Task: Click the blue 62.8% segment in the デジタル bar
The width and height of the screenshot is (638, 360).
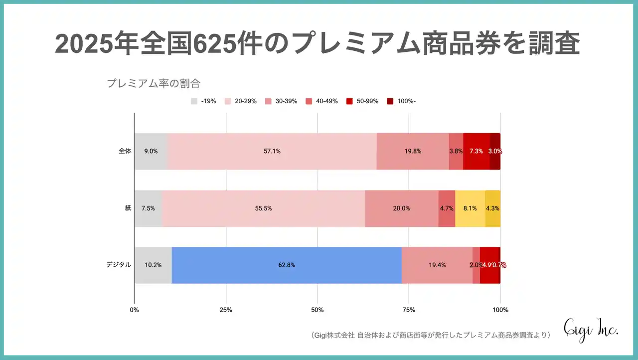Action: pos(287,265)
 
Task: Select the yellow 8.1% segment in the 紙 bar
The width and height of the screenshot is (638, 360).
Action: pos(470,208)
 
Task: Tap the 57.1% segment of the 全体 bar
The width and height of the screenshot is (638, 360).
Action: pos(272,152)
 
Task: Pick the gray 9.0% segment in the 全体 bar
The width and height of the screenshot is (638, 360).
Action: pos(151,152)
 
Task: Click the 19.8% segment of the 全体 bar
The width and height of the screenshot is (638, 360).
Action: pos(413,152)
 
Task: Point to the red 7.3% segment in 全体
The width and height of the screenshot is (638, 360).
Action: pos(476,152)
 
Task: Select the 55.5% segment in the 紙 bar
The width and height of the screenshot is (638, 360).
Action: pos(263,208)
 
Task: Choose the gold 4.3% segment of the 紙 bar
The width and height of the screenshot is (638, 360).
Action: pos(492,208)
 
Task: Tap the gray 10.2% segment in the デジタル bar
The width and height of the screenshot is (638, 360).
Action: pos(153,265)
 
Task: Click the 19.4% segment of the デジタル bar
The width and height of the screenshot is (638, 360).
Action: pos(437,265)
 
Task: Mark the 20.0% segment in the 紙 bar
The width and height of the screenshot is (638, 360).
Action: pos(401,208)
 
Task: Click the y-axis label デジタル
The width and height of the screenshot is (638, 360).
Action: pos(119,265)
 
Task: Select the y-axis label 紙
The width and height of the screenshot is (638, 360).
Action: pos(128,208)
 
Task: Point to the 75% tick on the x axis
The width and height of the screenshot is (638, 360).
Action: pos(409,310)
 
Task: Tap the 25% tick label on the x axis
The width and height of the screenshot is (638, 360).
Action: pos(226,310)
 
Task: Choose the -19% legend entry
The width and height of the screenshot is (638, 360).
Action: pos(203,101)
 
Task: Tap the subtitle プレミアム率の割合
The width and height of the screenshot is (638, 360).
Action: pos(154,83)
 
